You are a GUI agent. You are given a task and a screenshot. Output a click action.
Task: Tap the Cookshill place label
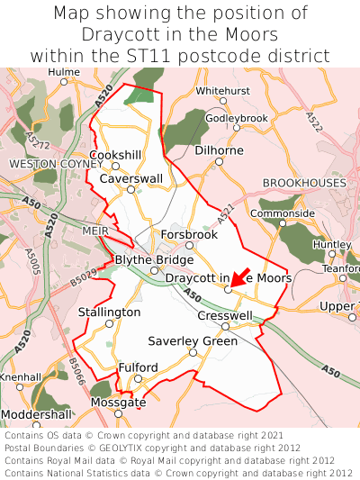click(x=115, y=155)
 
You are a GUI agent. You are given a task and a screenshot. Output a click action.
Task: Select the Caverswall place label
click(x=131, y=178)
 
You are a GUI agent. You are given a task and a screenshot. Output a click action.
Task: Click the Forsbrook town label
click(x=189, y=234)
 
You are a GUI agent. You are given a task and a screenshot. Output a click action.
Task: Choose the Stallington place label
click(x=109, y=312)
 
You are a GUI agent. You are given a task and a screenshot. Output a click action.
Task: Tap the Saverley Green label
click(x=193, y=341)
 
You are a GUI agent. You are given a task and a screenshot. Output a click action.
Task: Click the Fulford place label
click(x=138, y=367)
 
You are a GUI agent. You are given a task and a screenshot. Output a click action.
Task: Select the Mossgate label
click(x=118, y=403)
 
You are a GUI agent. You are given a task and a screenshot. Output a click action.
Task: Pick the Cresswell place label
click(x=225, y=315)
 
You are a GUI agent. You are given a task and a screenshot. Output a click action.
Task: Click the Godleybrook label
click(x=237, y=118)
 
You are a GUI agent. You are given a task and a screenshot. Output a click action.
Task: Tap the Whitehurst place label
click(x=224, y=91)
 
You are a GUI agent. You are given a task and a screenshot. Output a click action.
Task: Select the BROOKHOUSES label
click(x=304, y=183)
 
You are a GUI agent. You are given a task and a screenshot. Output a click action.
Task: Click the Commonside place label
click(x=283, y=213)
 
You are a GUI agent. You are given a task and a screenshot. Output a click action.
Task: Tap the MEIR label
click(x=94, y=230)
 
